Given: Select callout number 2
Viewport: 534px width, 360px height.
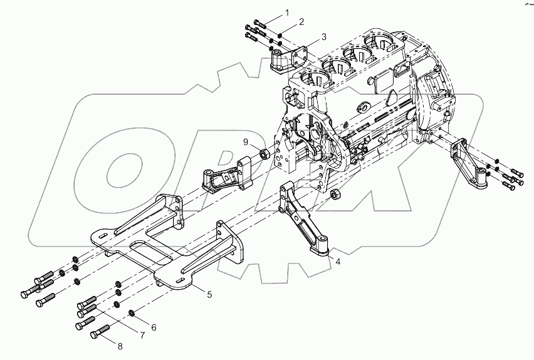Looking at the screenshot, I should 301,22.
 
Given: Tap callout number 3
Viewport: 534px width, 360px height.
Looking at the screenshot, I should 323,37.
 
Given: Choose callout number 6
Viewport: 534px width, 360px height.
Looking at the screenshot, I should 153,327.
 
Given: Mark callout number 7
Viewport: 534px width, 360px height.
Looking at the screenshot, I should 142,336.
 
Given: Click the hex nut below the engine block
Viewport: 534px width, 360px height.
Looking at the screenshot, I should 335,193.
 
